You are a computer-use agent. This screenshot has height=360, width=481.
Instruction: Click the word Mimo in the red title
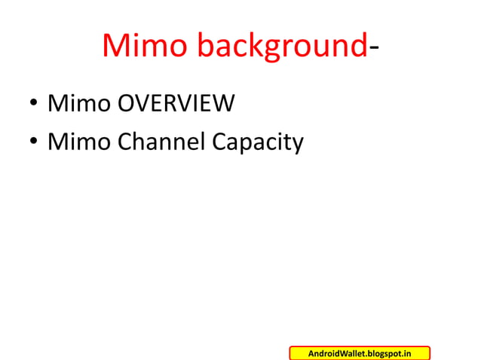point(146,47)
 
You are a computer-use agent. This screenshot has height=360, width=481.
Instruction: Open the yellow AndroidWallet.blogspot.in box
point(360,353)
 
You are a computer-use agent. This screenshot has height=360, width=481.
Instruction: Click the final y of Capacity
point(296,145)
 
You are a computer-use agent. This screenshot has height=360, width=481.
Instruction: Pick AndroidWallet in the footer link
point(338,353)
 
